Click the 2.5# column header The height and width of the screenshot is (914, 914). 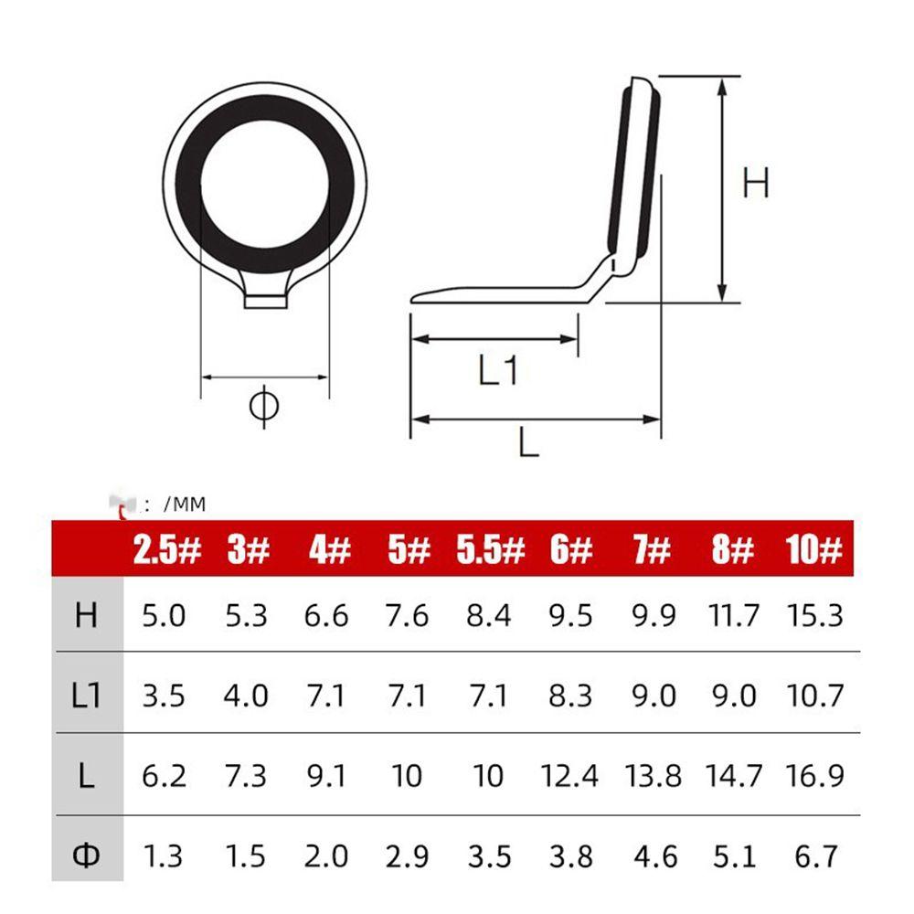166,550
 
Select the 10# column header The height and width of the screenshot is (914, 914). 813,550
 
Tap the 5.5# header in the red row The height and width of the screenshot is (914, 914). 490,550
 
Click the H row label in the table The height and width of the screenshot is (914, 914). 86,615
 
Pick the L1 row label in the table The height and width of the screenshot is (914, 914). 86,696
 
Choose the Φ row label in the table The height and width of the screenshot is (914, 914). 86,856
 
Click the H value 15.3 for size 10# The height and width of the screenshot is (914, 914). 813,615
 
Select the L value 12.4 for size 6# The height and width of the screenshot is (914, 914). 569,776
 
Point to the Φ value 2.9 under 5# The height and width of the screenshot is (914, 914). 407,856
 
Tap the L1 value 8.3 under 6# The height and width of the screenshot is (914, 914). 569,696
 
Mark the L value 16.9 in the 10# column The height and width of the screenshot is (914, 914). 813,776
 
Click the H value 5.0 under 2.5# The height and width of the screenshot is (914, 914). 164,615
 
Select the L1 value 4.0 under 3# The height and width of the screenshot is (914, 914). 246,696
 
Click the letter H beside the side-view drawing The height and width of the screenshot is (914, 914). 755,184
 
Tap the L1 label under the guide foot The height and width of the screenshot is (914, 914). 499,370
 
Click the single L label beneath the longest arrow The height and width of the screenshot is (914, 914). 528,443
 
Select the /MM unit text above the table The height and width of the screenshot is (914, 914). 184,503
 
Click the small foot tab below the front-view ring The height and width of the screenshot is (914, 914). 265,299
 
